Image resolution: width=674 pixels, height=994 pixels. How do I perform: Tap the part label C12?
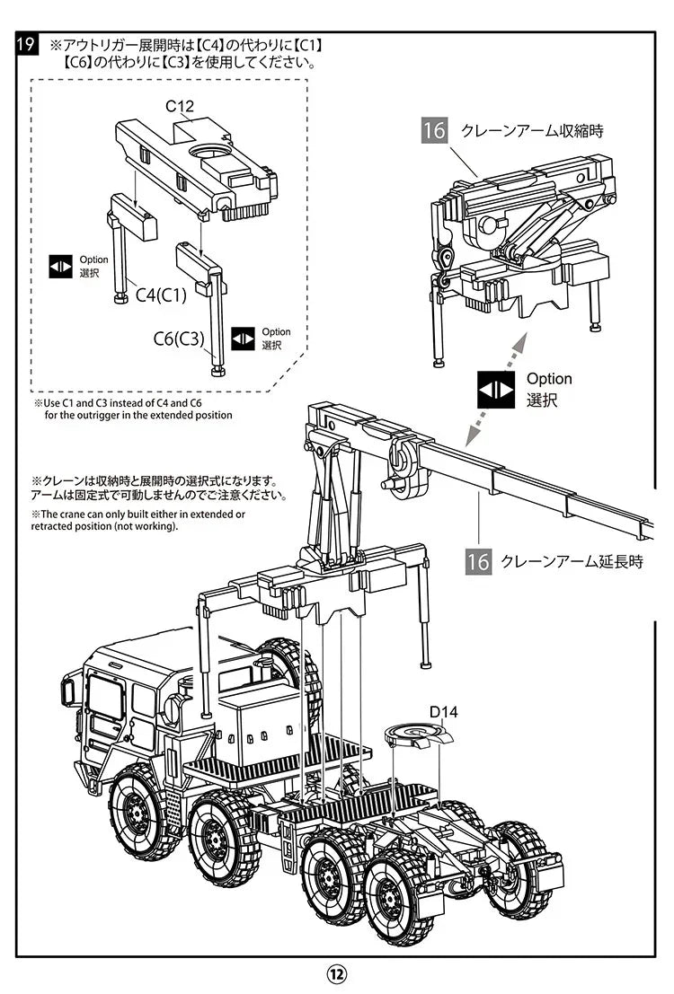coord(180,106)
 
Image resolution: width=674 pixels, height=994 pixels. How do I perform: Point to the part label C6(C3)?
coord(179,339)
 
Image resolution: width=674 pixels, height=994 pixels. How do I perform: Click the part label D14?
coord(443,712)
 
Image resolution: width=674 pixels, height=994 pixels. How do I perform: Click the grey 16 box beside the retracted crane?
coord(434,130)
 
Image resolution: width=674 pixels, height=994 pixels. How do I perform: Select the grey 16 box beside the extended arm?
coord(479,562)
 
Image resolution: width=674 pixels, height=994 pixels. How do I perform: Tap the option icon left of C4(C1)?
coord(60,266)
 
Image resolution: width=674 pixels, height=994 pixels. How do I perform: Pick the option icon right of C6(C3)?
coord(244,339)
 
